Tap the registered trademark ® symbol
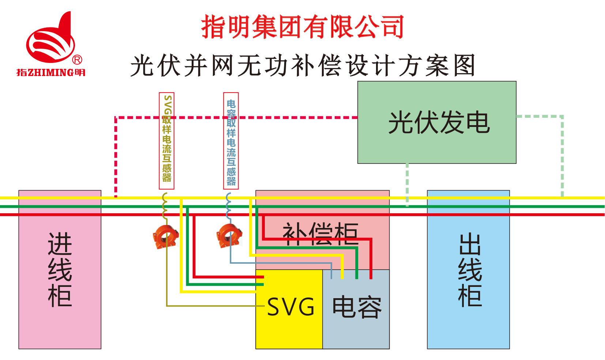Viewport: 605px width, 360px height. coord(77,60)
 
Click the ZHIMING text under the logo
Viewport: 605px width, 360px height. coord(50,72)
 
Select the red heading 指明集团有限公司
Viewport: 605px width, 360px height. coord(302,27)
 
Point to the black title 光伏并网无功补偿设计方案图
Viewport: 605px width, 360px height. coord(302,65)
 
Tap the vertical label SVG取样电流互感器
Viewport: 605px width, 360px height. coord(166,141)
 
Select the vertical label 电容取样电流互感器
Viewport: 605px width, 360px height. coord(231,141)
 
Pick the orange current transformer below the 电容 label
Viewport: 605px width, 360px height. coord(229,235)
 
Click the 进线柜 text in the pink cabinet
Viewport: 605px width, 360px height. coord(60,270)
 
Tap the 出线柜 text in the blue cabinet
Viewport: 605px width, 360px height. coord(470,270)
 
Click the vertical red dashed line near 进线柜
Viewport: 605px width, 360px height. coord(116,157)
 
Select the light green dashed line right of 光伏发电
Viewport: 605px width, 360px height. coord(562,157)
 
